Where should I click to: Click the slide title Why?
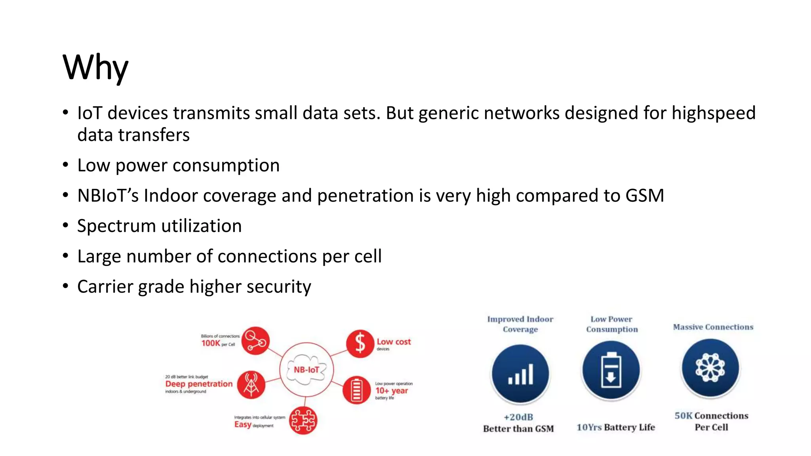95,67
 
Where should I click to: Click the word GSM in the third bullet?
644,196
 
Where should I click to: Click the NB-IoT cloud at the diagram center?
307,370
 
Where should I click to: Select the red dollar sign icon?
360,343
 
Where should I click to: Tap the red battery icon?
356,390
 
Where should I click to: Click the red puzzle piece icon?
303,420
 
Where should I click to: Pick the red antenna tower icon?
251,384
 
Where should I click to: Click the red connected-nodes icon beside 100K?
255,340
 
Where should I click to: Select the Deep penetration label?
199,384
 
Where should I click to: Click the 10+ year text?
391,391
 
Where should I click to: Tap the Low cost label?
394,342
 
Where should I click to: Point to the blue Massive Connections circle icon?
710,368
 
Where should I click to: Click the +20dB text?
518,417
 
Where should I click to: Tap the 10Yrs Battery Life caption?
616,427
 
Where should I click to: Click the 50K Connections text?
711,416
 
